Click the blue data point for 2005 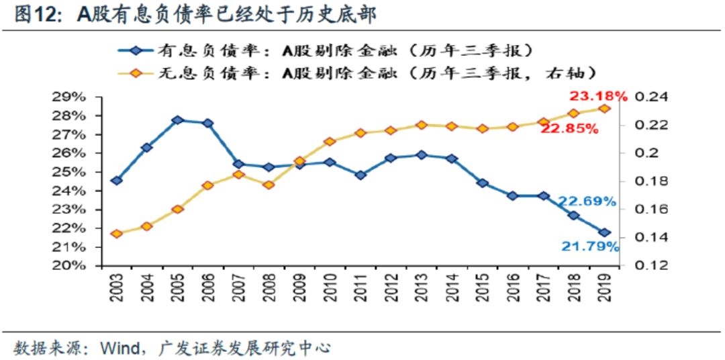177,120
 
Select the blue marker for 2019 604,232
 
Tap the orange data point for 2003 117,234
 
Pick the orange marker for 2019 604,108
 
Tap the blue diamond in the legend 136,50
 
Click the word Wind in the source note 118,348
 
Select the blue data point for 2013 421,154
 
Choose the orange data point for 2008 269,185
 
